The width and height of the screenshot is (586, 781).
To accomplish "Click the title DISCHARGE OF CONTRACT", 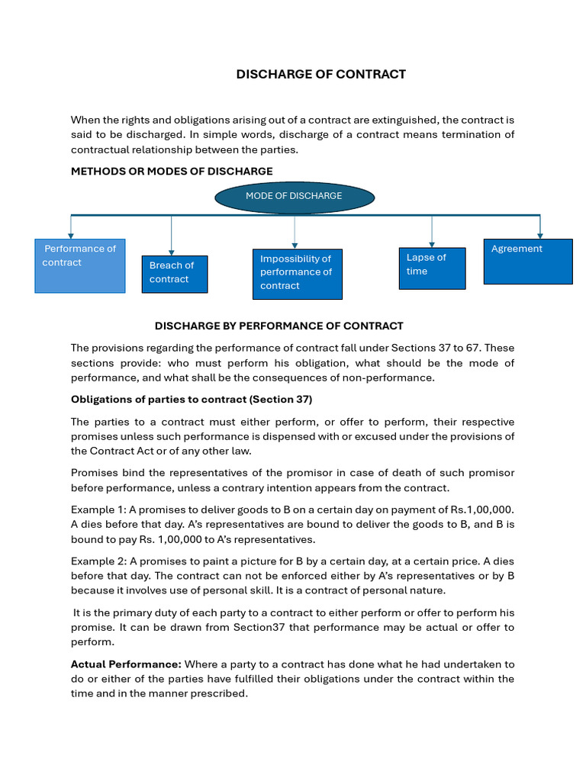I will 320,74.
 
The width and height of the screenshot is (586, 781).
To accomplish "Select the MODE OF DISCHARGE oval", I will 295,197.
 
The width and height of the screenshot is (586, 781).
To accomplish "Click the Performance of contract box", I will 80,265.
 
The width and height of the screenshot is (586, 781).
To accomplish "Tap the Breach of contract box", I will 174,273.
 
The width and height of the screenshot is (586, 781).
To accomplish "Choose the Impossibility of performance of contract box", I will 297,273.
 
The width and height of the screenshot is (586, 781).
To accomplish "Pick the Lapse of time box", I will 432,268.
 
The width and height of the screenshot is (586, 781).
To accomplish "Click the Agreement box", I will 528,261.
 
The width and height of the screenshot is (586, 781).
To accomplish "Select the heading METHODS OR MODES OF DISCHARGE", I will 172,171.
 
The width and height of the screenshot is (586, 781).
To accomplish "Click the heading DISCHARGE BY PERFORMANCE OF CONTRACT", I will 279,326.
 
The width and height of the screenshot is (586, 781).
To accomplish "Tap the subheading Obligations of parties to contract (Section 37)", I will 192,399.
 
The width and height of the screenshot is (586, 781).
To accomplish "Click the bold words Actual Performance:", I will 126,664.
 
